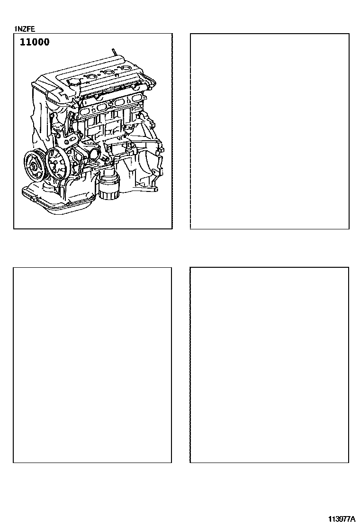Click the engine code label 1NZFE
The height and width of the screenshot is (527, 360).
(25, 29)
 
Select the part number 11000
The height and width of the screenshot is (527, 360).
(35, 42)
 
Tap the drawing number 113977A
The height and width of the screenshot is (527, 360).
(342, 518)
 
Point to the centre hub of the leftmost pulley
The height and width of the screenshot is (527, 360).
(34, 166)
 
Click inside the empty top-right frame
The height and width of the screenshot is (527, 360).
(270, 131)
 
